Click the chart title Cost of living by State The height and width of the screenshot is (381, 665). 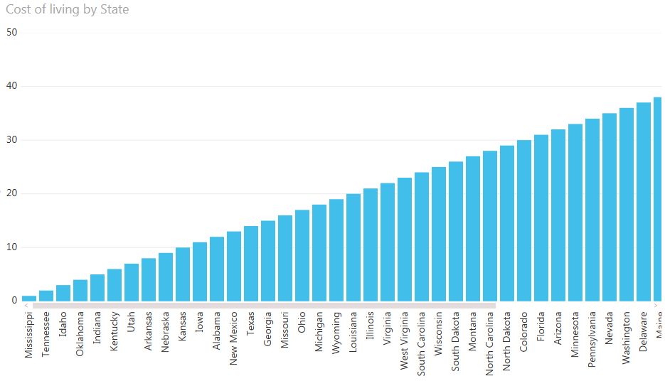(68, 10)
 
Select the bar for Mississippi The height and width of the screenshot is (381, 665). (29, 298)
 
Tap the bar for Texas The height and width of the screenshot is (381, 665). (251, 263)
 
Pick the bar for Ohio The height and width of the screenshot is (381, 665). (302, 255)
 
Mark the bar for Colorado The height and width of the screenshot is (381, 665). (524, 220)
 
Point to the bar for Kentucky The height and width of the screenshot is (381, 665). (115, 284)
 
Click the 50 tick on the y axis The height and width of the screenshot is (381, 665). (11, 32)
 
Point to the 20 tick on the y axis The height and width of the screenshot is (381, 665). (11, 193)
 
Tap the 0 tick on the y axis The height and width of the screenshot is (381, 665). (14, 301)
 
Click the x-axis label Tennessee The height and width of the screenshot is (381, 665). (46, 334)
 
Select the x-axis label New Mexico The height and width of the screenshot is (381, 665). (234, 337)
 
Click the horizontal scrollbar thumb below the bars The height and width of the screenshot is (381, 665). (263, 306)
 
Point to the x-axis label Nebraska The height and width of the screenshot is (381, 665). (166, 333)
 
